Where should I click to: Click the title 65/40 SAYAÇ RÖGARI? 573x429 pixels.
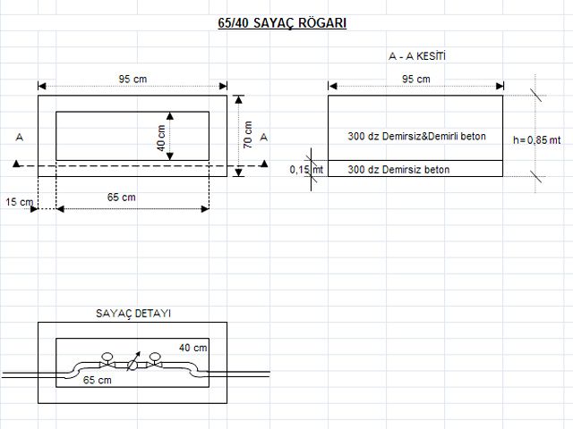(x=281, y=24)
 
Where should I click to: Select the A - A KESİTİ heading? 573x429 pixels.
(x=416, y=56)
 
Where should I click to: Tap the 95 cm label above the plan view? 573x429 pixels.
(x=133, y=79)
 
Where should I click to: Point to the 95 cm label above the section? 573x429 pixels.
(x=416, y=79)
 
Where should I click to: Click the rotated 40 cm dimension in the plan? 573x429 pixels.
(x=161, y=137)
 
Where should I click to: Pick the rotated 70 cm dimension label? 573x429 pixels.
(x=248, y=135)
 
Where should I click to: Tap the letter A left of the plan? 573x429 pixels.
(x=19, y=137)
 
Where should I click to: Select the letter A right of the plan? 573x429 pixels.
(x=263, y=137)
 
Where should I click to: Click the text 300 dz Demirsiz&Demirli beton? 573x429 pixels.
(x=416, y=136)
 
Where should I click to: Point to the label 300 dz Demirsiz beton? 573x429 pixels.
(x=398, y=169)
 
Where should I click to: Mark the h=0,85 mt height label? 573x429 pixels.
(x=537, y=139)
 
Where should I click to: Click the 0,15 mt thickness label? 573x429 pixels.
(x=307, y=169)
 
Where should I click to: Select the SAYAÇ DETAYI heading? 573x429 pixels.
(x=133, y=314)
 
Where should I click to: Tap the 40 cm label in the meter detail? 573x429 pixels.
(x=192, y=347)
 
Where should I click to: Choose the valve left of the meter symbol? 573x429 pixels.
(x=107, y=361)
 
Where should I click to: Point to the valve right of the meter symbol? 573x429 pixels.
(x=155, y=361)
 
